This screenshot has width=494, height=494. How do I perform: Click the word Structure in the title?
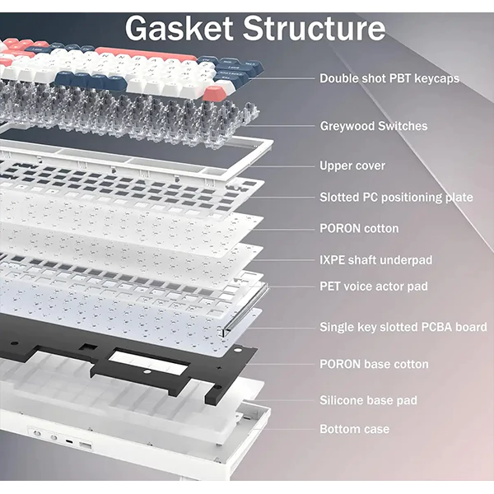(314, 29)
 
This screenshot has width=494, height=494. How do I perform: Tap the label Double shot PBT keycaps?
(389, 79)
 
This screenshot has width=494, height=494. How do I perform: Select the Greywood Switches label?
(373, 126)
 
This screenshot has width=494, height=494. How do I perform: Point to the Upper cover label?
(352, 165)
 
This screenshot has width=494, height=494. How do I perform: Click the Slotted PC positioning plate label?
(396, 197)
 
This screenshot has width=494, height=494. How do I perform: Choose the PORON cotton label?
(359, 228)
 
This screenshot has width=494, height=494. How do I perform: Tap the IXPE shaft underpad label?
(375, 260)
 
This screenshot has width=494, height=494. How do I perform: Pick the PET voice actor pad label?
(375, 287)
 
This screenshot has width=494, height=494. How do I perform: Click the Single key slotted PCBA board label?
(403, 327)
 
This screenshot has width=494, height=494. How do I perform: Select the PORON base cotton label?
(374, 364)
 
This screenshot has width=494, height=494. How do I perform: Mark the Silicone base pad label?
(368, 400)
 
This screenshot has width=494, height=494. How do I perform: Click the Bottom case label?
(354, 429)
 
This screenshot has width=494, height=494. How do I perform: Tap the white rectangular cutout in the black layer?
(136, 359)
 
